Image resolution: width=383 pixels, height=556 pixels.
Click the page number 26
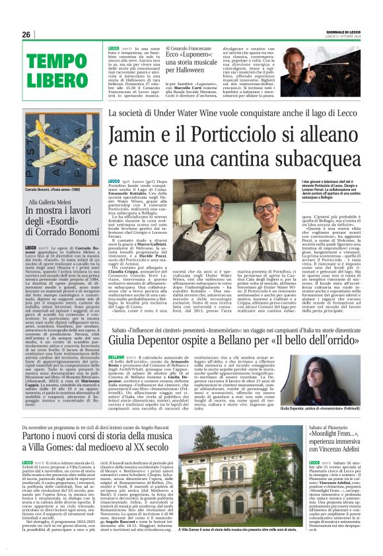[x=26, y=35]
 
